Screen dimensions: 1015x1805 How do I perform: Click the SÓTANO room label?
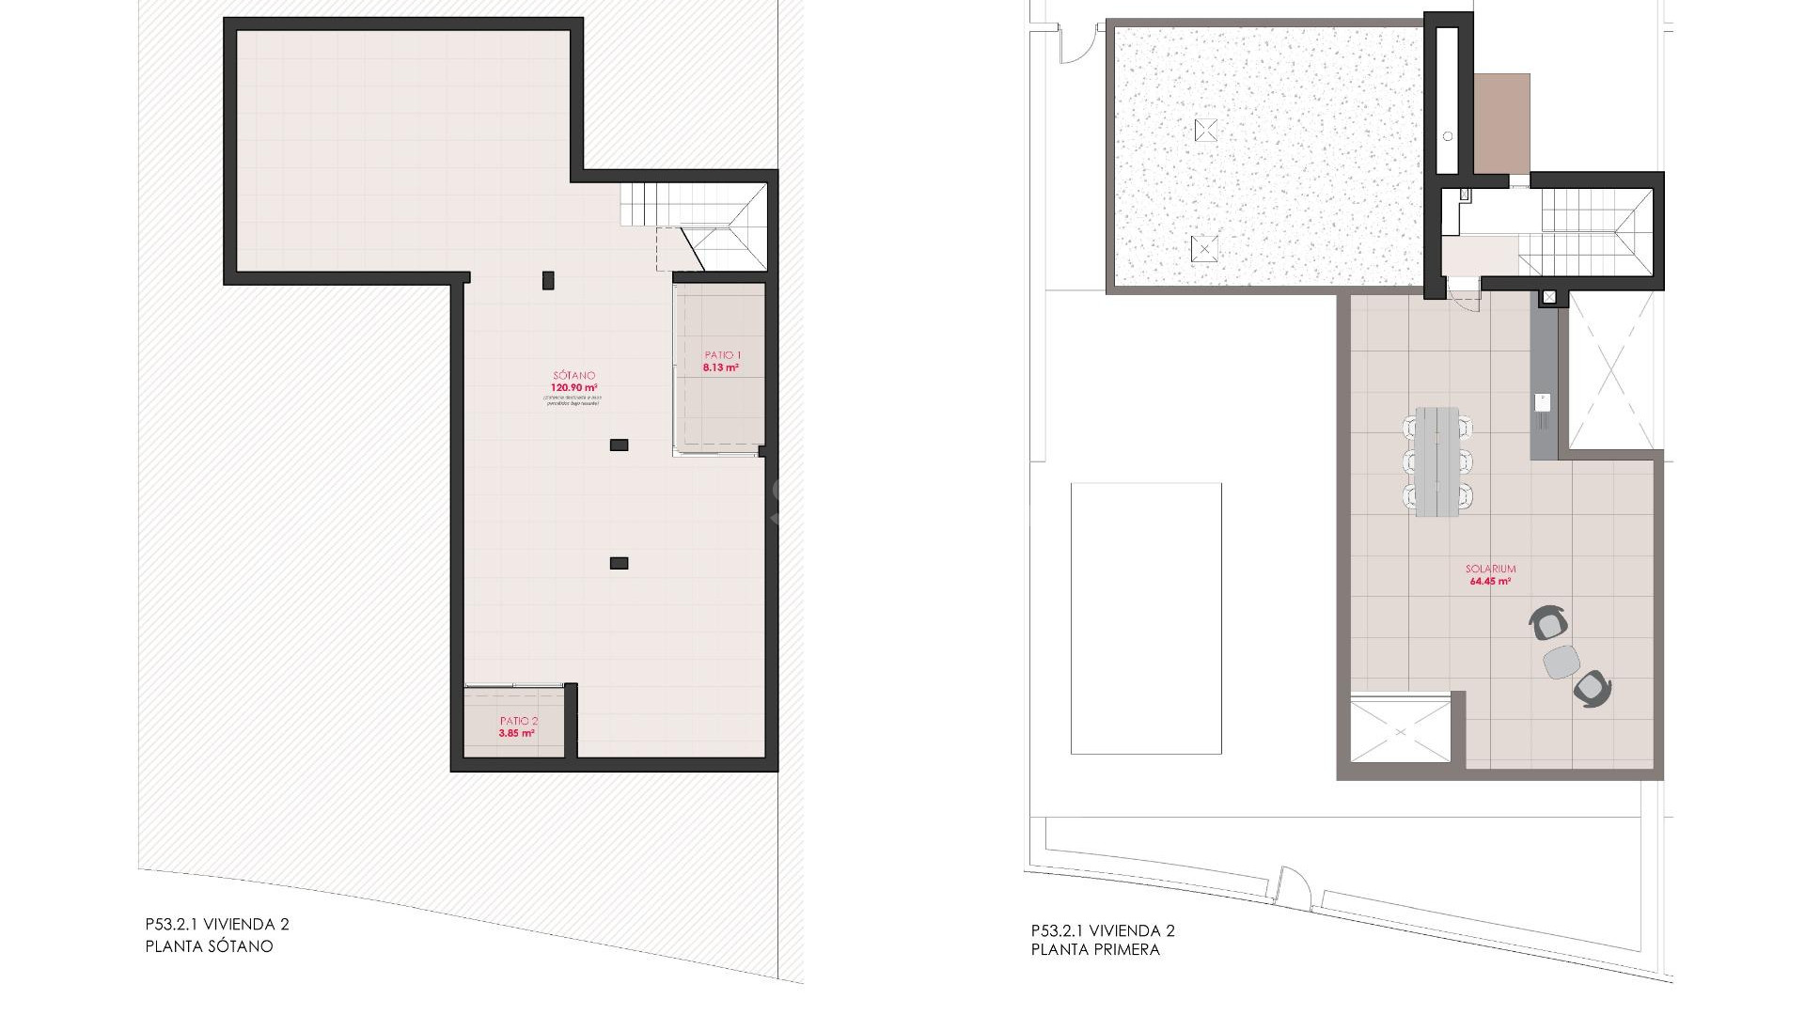pyautogui.click(x=573, y=375)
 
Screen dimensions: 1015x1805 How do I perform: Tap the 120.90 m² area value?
pyautogui.click(x=573, y=387)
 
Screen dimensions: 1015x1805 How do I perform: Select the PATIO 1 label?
pyautogui.click(x=722, y=355)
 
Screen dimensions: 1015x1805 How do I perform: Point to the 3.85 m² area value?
pyautogui.click(x=517, y=733)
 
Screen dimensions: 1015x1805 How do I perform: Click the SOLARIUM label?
pyautogui.click(x=1490, y=569)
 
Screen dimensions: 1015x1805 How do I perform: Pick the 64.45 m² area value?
pyautogui.click(x=1490, y=582)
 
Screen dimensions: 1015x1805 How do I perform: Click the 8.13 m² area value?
pyautogui.click(x=720, y=367)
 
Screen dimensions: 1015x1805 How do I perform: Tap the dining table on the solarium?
pyautogui.click(x=1436, y=461)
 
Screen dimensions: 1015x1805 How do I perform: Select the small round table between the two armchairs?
pyautogui.click(x=1562, y=661)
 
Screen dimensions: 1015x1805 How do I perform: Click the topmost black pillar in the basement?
pyautogui.click(x=548, y=279)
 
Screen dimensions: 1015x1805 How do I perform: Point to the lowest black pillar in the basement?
pyautogui.click(x=619, y=563)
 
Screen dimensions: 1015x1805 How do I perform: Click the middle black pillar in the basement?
pyautogui.click(x=619, y=445)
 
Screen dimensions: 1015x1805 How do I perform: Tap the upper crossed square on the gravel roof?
pyautogui.click(x=1206, y=130)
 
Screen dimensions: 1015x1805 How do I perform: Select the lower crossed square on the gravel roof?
pyautogui.click(x=1204, y=249)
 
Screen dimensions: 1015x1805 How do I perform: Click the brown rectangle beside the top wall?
pyautogui.click(x=1501, y=123)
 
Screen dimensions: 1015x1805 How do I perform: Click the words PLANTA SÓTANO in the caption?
pyautogui.click(x=210, y=946)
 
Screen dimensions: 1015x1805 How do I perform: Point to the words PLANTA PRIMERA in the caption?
pyautogui.click(x=1095, y=949)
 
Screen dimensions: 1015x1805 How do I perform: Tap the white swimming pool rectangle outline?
pyautogui.click(x=1146, y=617)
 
